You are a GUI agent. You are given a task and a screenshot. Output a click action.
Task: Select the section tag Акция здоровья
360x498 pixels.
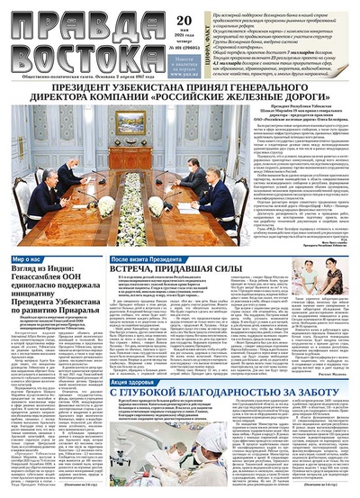click(x=134, y=357)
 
